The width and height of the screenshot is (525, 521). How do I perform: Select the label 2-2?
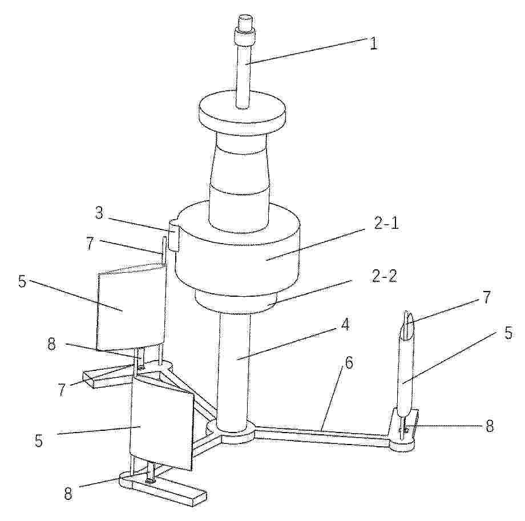(x=383, y=277)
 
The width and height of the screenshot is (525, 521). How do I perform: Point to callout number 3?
(x=98, y=213)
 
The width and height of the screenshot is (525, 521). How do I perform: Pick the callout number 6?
(x=349, y=362)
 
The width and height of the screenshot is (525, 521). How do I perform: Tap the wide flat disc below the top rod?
(x=241, y=112)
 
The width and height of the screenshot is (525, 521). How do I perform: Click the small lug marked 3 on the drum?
(x=174, y=235)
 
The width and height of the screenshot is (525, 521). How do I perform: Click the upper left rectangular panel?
(x=131, y=308)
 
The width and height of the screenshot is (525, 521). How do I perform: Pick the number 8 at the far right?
(x=490, y=426)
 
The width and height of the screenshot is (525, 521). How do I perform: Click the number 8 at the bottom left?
(x=68, y=493)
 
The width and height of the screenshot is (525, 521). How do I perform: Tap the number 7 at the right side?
(x=486, y=297)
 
